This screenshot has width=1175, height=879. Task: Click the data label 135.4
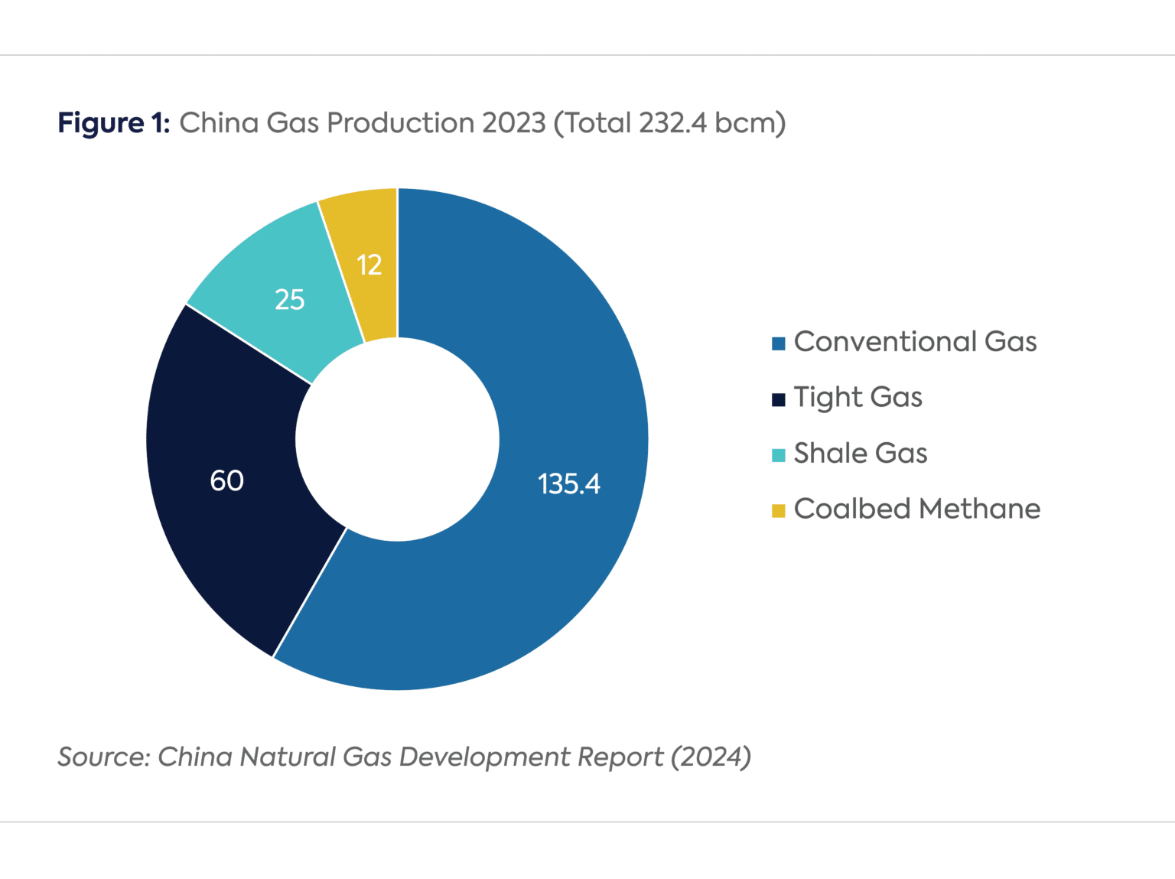(x=568, y=483)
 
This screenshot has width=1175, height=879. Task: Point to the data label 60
(x=226, y=480)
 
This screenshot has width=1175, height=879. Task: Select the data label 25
(x=290, y=300)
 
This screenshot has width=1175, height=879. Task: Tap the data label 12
(x=369, y=265)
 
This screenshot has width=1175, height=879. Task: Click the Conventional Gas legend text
(x=915, y=341)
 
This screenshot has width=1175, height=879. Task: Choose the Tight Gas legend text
(x=858, y=397)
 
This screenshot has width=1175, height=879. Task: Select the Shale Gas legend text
(x=860, y=453)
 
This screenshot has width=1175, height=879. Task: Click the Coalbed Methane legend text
(x=916, y=509)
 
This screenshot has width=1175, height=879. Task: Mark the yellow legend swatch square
(x=779, y=511)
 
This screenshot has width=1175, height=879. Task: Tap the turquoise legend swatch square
(x=779, y=456)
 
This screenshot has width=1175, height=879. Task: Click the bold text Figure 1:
(x=114, y=123)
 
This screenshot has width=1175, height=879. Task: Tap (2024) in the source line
(x=711, y=757)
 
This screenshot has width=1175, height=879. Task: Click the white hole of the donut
(x=397, y=439)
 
